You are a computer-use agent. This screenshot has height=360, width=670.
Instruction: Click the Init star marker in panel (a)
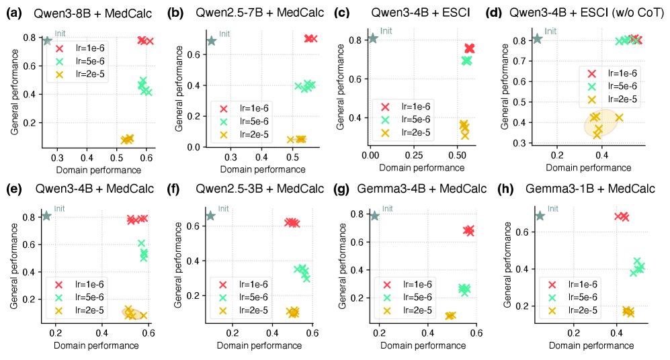click(47, 41)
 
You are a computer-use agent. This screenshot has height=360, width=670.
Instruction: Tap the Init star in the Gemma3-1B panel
click(539, 216)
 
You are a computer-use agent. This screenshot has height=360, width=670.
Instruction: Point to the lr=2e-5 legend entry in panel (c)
click(412, 133)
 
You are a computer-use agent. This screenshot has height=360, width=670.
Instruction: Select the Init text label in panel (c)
click(386, 30)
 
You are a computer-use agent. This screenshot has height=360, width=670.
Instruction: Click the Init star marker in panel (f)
click(211, 216)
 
